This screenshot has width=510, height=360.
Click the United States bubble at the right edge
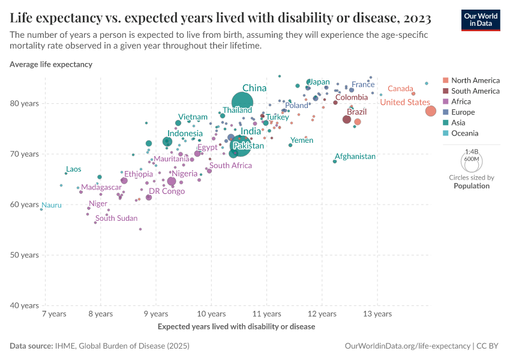click(431, 111)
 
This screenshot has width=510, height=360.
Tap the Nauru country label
click(52, 205)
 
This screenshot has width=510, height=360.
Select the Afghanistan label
click(355, 157)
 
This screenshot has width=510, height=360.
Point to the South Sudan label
click(116, 218)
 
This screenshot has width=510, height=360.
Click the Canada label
click(400, 89)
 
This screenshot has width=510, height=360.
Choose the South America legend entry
click(475, 91)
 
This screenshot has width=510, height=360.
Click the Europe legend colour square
click(445, 112)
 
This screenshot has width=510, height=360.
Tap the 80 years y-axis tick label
click(25, 103)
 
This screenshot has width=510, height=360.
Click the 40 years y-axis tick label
click(25, 305)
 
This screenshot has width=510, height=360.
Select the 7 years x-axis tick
click(54, 314)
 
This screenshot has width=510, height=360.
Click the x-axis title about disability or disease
click(236, 327)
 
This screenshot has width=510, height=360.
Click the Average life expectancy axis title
click(51, 64)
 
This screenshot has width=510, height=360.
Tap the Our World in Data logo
click(480, 20)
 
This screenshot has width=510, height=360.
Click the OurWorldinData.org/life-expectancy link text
click(408, 346)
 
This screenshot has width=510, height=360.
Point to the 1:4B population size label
click(471, 152)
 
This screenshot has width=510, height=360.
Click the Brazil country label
click(356, 112)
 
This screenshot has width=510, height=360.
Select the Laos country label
click(73, 169)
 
